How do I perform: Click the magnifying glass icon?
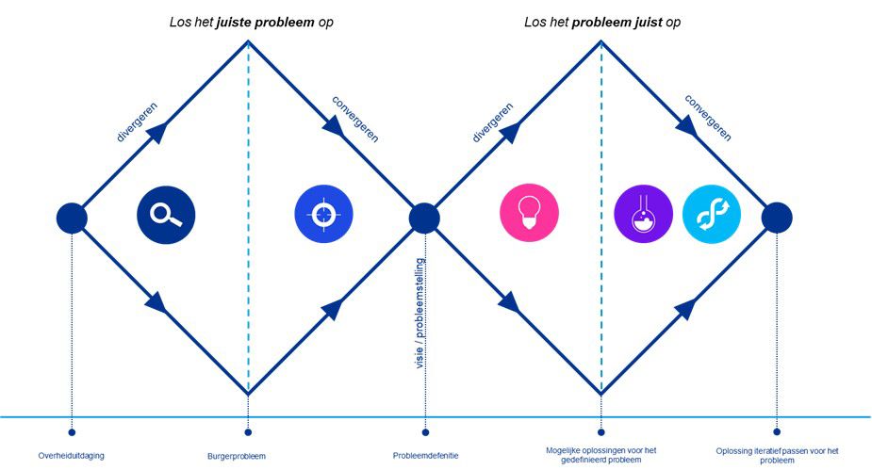click(166, 213)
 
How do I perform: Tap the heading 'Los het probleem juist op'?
click(602, 21)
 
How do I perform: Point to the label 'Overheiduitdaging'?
click(72, 456)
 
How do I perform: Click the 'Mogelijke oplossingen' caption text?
click(601, 456)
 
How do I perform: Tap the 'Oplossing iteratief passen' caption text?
click(777, 456)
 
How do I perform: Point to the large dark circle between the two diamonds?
click(424, 218)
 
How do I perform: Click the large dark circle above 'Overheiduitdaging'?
click(72, 218)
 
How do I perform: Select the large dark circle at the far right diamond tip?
click(777, 218)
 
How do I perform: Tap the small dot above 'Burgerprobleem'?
click(248, 433)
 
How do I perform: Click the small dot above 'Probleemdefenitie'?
click(425, 433)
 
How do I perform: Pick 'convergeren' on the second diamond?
click(708, 118)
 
